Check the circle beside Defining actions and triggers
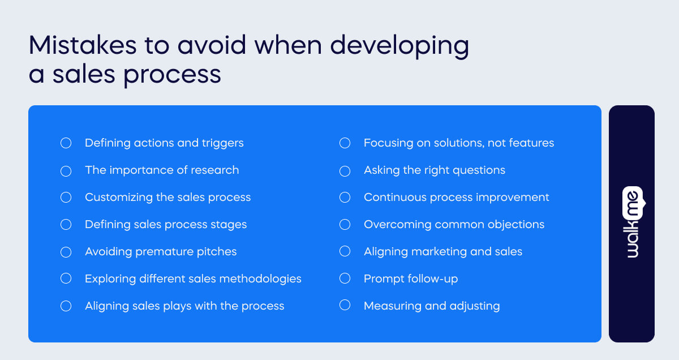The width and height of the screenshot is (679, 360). tap(66, 143)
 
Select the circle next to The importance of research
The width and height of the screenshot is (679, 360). tap(66, 170)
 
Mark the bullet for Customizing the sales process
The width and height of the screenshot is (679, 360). tap(66, 198)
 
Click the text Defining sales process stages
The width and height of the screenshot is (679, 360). tap(166, 225)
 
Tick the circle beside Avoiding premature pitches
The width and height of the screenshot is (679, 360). tap(66, 252)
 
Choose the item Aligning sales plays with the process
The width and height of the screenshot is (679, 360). tap(184, 306)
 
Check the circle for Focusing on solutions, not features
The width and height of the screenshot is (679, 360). tap(345, 143)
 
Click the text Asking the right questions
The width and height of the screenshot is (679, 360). tap(434, 170)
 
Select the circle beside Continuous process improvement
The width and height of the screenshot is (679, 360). tap(345, 198)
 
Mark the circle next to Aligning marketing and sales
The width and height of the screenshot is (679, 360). tap(345, 252)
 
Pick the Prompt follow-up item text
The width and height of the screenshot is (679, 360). tap(411, 279)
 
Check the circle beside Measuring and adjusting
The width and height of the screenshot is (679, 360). tap(345, 306)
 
